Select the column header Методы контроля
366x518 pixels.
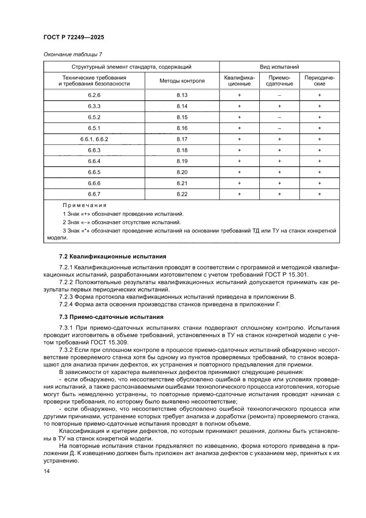(x=182, y=81)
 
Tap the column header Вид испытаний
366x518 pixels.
(x=279, y=67)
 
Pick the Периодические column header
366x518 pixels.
(x=319, y=81)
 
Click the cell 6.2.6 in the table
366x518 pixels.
(x=94, y=95)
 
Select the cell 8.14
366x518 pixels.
(x=182, y=106)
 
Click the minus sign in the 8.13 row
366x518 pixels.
(x=279, y=95)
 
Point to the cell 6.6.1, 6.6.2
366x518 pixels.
(x=94, y=139)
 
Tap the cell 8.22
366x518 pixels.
(x=182, y=194)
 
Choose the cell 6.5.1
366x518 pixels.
(x=94, y=128)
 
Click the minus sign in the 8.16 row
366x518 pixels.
(x=279, y=128)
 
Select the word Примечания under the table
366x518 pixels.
(x=85, y=206)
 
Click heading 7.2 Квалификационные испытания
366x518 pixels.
(x=112, y=256)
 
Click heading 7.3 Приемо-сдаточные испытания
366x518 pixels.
(x=111, y=317)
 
